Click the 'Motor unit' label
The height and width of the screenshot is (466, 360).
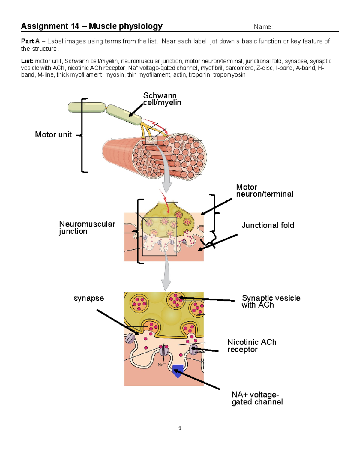click(x=53, y=134)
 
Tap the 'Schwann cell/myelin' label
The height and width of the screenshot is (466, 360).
click(x=162, y=99)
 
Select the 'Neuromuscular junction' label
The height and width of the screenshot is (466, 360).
click(x=87, y=227)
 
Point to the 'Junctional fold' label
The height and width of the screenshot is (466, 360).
click(x=268, y=225)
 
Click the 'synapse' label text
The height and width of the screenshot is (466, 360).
click(x=89, y=298)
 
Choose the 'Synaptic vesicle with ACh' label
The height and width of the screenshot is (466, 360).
click(x=271, y=301)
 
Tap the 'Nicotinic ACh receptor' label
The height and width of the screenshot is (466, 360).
click(x=251, y=346)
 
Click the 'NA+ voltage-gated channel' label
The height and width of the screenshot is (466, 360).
click(x=257, y=398)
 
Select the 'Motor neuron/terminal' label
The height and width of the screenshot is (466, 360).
click(x=264, y=191)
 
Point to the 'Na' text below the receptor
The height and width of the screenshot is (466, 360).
click(x=161, y=365)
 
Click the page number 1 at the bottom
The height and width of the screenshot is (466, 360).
click(x=180, y=428)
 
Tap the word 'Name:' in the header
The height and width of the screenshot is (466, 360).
click(x=263, y=27)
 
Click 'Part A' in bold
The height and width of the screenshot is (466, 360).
click(x=30, y=41)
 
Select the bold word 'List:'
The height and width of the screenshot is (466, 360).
click(x=27, y=61)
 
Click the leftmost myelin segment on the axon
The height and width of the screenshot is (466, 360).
click(x=87, y=107)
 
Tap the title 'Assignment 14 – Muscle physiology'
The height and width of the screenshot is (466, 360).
click(x=92, y=26)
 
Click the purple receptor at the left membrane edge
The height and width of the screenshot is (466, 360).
click(x=130, y=338)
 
